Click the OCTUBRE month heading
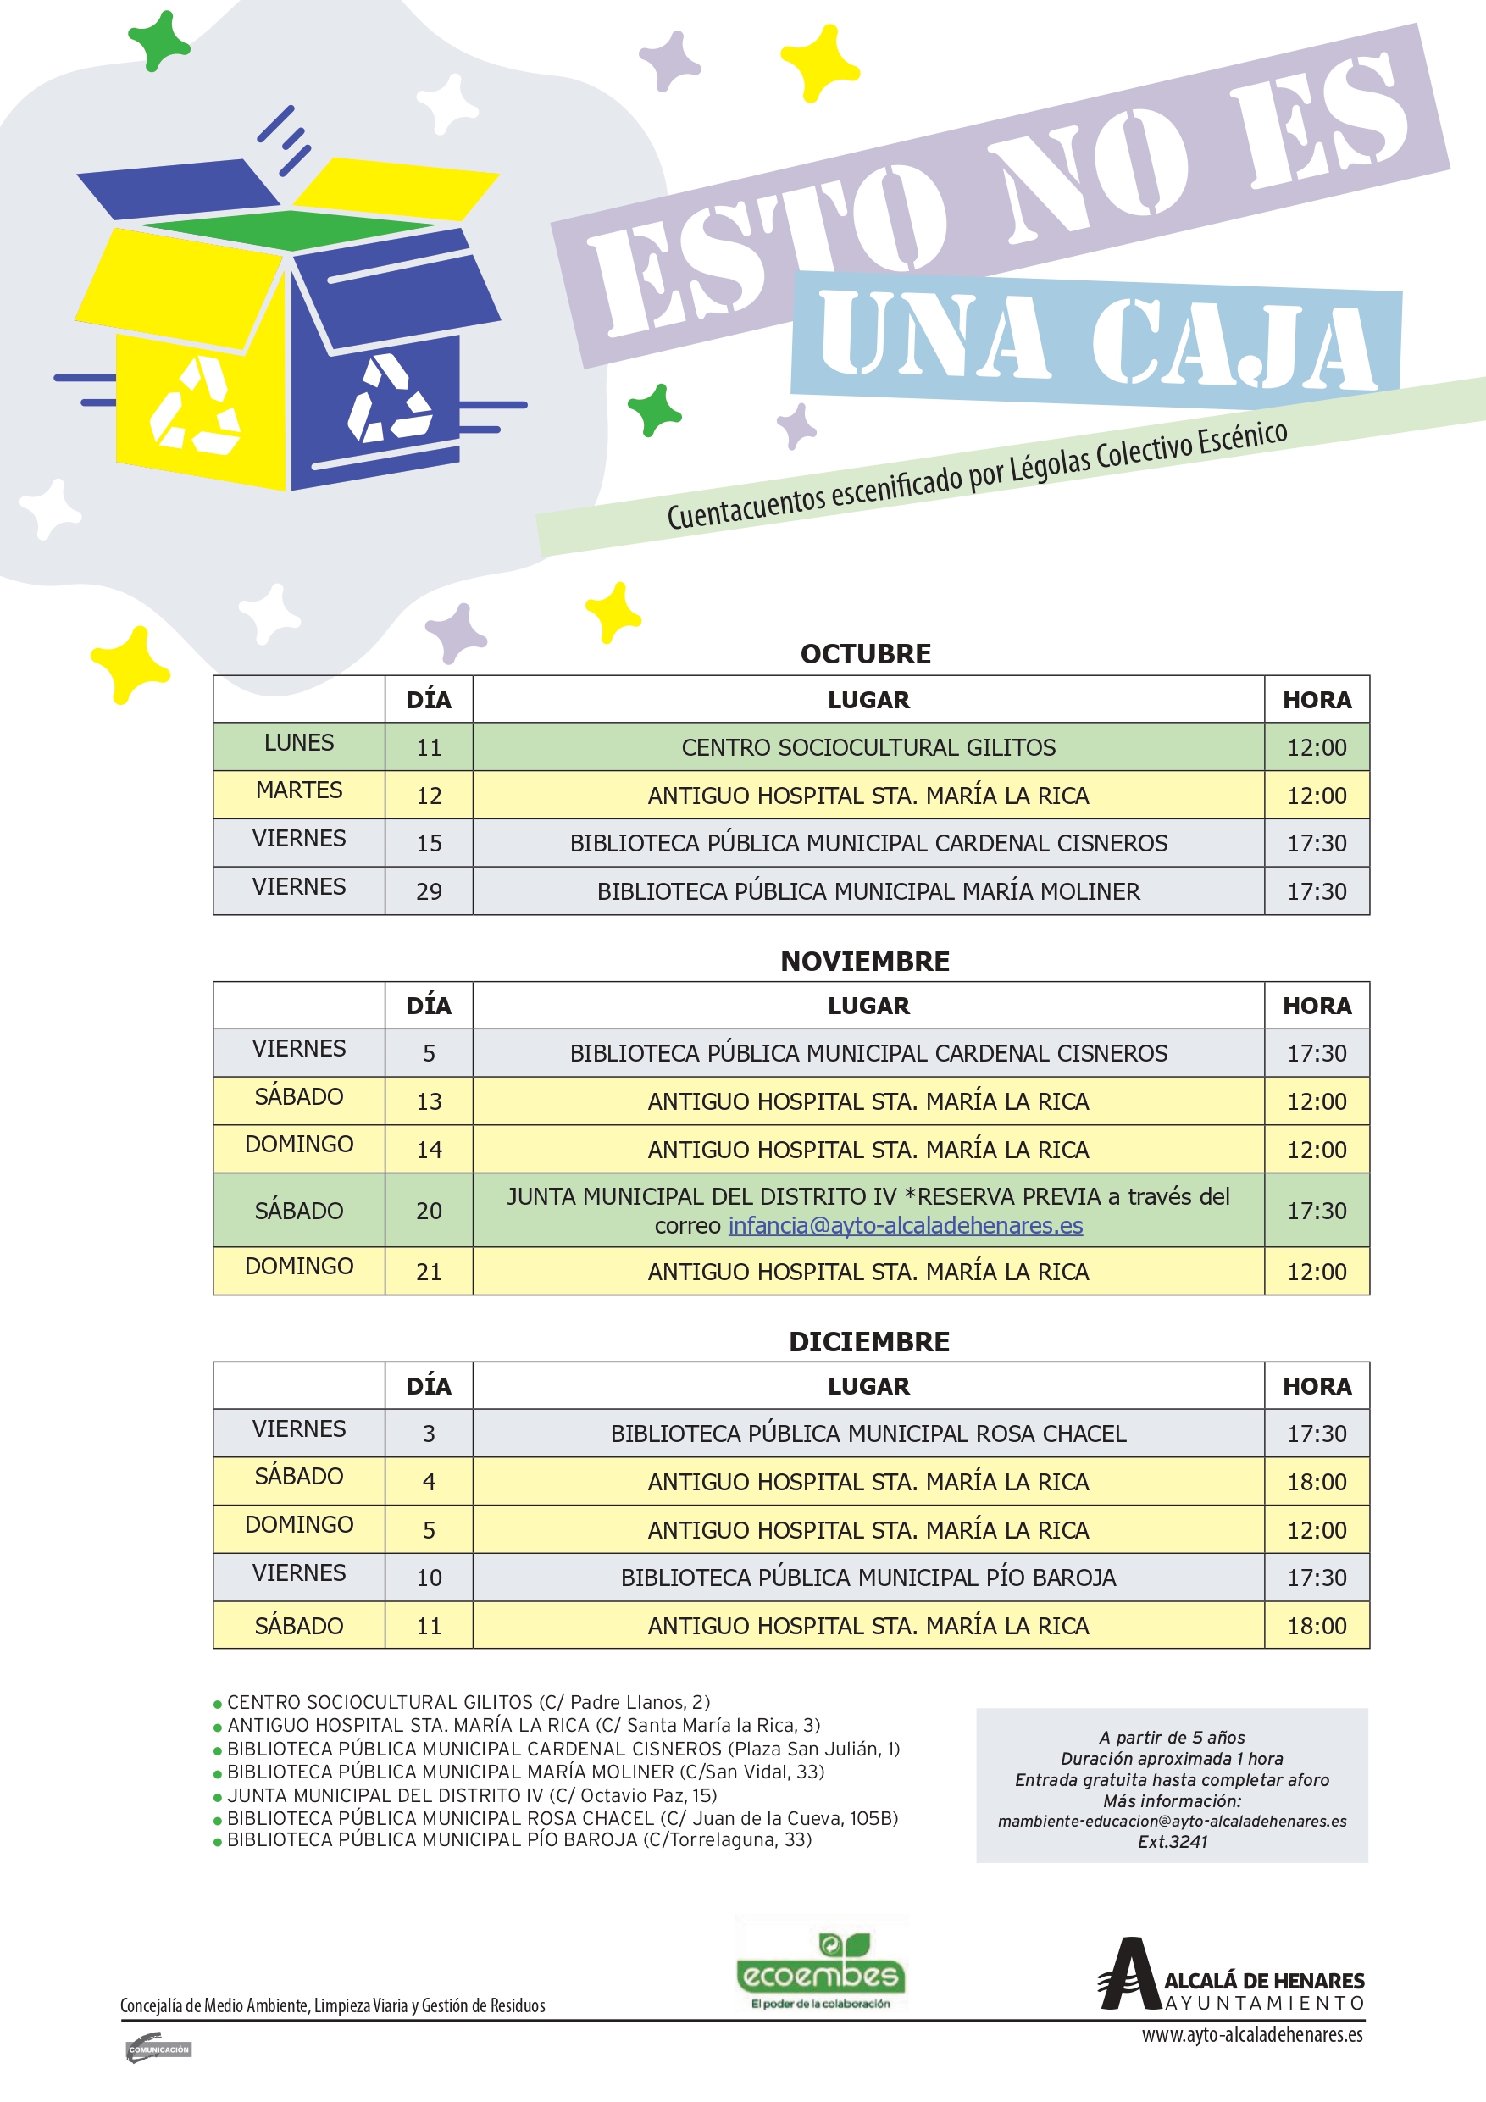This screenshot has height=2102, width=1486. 865,654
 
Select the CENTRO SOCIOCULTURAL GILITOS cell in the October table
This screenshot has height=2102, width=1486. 868,747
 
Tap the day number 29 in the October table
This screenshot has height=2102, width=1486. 429,890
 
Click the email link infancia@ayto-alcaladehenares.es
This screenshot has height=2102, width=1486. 905,1225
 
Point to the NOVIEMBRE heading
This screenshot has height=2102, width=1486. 865,961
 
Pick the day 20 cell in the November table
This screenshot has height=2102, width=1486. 429,1211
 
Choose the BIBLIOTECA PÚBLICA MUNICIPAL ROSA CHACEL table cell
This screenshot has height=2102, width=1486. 868,1433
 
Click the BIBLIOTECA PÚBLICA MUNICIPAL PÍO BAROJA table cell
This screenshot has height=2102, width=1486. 868,1578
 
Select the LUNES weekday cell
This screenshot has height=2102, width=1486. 298,742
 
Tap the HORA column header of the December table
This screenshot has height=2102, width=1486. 1317,1385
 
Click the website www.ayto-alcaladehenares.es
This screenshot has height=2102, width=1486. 1251,2034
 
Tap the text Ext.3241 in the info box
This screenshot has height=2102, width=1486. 1172,1841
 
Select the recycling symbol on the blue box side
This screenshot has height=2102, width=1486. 388,400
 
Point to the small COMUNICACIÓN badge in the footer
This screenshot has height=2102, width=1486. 158,2049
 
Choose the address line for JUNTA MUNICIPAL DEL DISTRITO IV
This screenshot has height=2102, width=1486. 472,1795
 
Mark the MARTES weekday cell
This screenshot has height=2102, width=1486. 298,790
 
